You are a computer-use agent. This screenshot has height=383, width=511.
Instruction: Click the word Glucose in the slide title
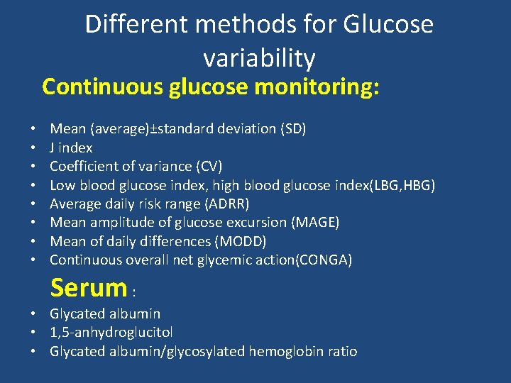pos(388,25)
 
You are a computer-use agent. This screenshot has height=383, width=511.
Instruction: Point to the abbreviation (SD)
pos(293,129)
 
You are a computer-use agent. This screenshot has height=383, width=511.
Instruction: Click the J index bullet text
pos(71,148)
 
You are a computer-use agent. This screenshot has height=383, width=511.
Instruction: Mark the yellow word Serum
pos(88,288)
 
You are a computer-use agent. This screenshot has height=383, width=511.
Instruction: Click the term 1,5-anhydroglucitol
pos(111,332)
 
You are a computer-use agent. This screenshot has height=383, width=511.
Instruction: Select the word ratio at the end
pos(341,351)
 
